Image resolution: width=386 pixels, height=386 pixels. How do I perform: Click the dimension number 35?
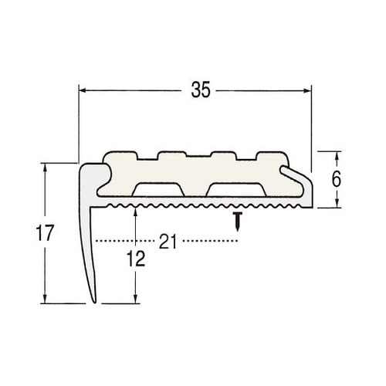(201, 90)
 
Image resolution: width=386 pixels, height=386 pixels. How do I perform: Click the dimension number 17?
(45, 233)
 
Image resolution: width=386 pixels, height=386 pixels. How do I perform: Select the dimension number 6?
(337, 179)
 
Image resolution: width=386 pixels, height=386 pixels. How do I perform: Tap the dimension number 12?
(136, 259)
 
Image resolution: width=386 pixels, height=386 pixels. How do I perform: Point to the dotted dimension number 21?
(168, 242)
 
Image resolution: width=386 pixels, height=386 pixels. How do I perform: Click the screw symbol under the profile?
(239, 222)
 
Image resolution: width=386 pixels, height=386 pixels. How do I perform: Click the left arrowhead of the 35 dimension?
(83, 90)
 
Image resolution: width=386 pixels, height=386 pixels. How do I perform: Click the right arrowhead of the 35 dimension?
(307, 90)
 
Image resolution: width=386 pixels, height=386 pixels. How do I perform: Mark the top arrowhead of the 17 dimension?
(46, 167)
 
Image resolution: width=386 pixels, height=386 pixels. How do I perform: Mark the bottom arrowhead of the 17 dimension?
(46, 300)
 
